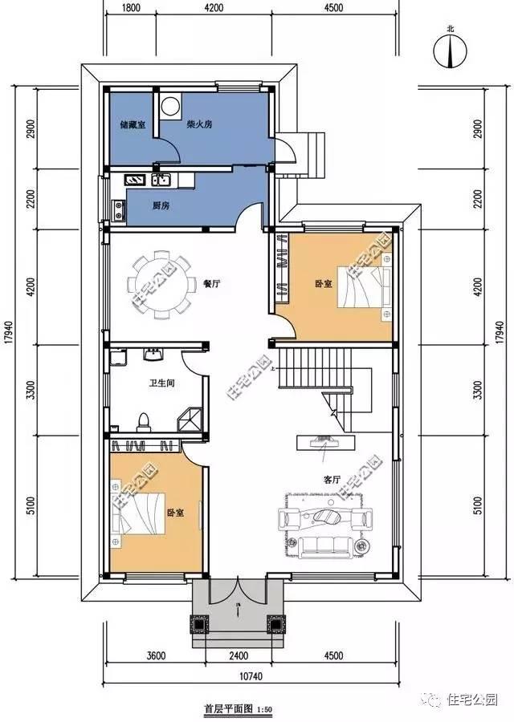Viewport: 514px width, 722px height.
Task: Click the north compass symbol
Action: click(451, 52)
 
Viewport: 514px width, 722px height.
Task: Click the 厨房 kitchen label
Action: click(161, 205)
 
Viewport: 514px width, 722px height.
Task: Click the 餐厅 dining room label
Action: click(212, 283)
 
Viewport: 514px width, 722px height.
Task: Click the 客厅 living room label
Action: click(332, 479)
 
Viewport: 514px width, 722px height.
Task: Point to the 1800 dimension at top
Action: click(133, 9)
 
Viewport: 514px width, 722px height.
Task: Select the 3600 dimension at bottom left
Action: click(156, 655)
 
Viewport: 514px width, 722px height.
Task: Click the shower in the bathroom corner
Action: click(190, 418)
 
